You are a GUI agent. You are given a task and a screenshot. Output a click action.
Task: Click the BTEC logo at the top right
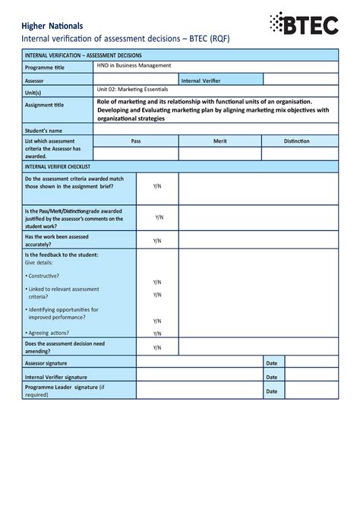coord(304,24)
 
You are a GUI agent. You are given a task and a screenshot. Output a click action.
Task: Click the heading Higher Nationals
coord(52,27)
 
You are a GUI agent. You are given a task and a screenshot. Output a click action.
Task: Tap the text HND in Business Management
coord(134,66)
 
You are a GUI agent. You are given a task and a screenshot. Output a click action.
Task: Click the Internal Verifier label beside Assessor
coord(201,80)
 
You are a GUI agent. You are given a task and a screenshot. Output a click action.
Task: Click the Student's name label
coord(43,131)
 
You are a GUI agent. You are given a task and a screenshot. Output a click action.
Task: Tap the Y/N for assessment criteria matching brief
coord(157,185)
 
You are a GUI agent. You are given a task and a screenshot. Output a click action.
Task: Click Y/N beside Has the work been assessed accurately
coord(157,241)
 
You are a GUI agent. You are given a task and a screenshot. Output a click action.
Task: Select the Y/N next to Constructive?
coord(157,282)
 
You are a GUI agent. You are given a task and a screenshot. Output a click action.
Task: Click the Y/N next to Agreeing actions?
coord(157,334)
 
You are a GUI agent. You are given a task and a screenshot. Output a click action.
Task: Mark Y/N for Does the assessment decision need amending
coord(157,348)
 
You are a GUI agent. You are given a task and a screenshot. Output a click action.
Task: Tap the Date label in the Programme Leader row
coord(271,391)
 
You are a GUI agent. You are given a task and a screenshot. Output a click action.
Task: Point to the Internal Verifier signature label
coord(56,377)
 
